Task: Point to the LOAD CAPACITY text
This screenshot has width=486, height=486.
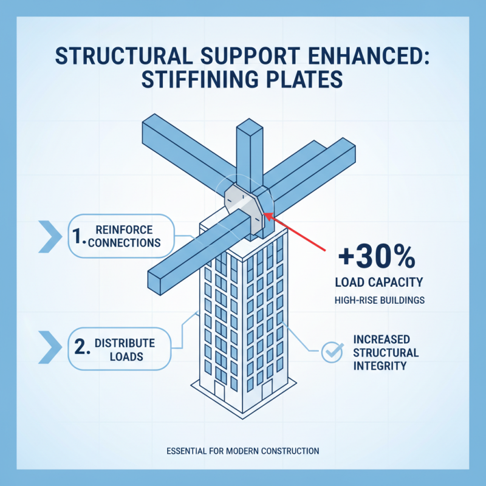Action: [x=376, y=282]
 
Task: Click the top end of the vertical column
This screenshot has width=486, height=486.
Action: [x=250, y=128]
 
